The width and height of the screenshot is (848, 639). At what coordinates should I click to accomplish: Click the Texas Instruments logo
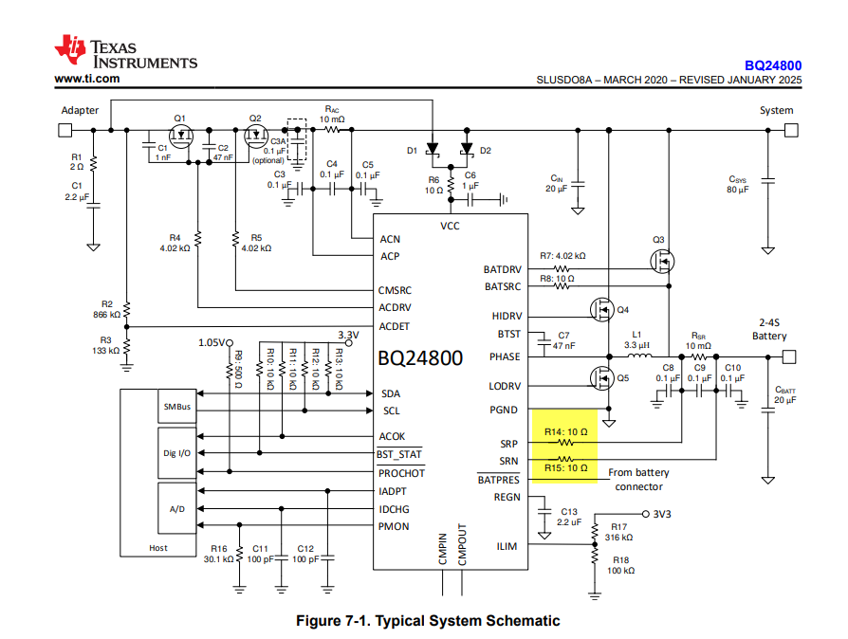pos(125,53)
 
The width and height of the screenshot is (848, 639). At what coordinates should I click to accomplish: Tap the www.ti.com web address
pos(87,79)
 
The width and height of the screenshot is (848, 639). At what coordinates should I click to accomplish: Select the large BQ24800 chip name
pos(421,358)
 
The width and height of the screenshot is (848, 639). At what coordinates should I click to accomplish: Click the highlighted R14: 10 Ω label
pos(565,432)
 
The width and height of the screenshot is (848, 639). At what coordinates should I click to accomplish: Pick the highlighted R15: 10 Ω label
pos(565,467)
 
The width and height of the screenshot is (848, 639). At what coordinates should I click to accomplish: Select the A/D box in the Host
pos(177,509)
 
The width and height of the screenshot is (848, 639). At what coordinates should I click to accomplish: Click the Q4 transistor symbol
pos(601,309)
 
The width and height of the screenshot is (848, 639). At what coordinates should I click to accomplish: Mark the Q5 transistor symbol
pos(601,378)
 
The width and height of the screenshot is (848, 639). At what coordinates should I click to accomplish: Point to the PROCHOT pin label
pos(402,473)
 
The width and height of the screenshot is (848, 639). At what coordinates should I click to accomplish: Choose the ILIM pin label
pos(507,545)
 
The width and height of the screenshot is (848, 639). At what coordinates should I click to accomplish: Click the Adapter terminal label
pos(80,110)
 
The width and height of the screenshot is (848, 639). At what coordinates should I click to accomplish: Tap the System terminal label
pos(776,110)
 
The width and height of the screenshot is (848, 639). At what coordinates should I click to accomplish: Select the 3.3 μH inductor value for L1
pos(636,345)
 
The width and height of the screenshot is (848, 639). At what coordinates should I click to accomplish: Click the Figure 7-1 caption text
pos(428,621)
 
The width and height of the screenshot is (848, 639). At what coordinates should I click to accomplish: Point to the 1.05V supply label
pos(213,342)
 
